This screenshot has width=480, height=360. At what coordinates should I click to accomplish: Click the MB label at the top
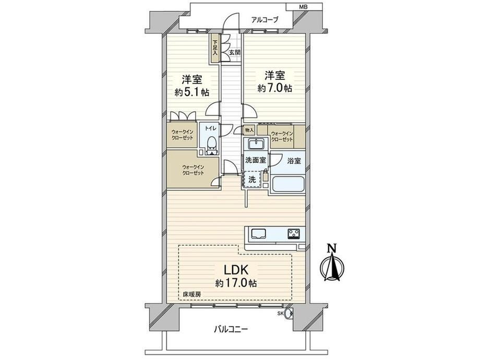tap(304, 6)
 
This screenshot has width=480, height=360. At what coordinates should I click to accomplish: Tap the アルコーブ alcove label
tap(265, 20)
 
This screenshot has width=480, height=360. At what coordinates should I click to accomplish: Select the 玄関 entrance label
tap(234, 52)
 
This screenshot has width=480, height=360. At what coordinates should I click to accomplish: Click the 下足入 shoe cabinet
tap(215, 48)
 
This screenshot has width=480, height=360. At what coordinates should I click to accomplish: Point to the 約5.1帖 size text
tap(192, 92)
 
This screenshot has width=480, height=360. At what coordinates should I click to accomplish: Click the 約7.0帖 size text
tap(274, 88)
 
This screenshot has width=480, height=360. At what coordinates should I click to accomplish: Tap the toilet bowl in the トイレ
tap(211, 145)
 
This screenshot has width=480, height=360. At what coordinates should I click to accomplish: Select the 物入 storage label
tap(249, 130)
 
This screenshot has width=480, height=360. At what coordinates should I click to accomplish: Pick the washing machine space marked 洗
tap(252, 179)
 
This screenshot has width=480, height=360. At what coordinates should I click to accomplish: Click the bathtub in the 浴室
tap(288, 184)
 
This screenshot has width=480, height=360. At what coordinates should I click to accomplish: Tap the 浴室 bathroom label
tap(294, 161)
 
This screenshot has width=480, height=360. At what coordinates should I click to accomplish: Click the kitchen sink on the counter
tap(259, 234)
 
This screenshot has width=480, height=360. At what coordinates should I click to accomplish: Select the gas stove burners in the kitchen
tap(294, 234)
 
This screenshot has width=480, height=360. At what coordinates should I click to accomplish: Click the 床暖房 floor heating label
tap(191, 295)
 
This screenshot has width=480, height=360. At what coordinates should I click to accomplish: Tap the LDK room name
tap(236, 270)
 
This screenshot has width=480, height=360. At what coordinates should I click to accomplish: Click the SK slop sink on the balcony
tap(287, 314)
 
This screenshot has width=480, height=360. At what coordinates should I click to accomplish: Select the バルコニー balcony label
tap(231, 329)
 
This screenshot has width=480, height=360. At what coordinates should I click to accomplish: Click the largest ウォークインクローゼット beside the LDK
tap(193, 169)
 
